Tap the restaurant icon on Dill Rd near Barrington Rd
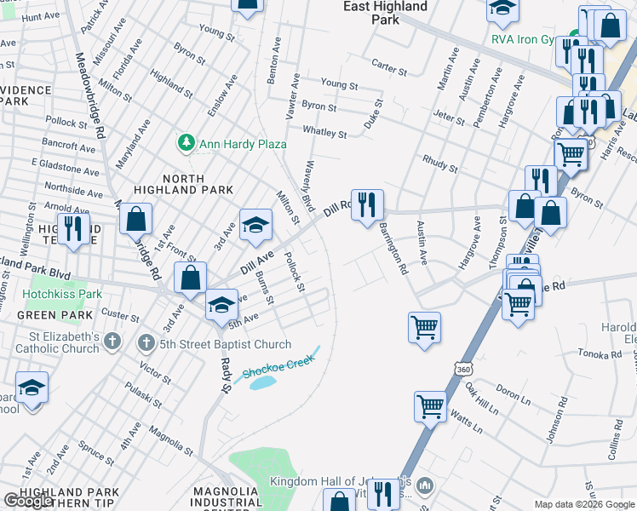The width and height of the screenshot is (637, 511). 367,204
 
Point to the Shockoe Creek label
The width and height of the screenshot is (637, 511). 278,365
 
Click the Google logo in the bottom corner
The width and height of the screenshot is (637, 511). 27,500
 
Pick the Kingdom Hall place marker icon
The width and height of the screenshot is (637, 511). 426,485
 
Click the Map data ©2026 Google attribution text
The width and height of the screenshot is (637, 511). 584,504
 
